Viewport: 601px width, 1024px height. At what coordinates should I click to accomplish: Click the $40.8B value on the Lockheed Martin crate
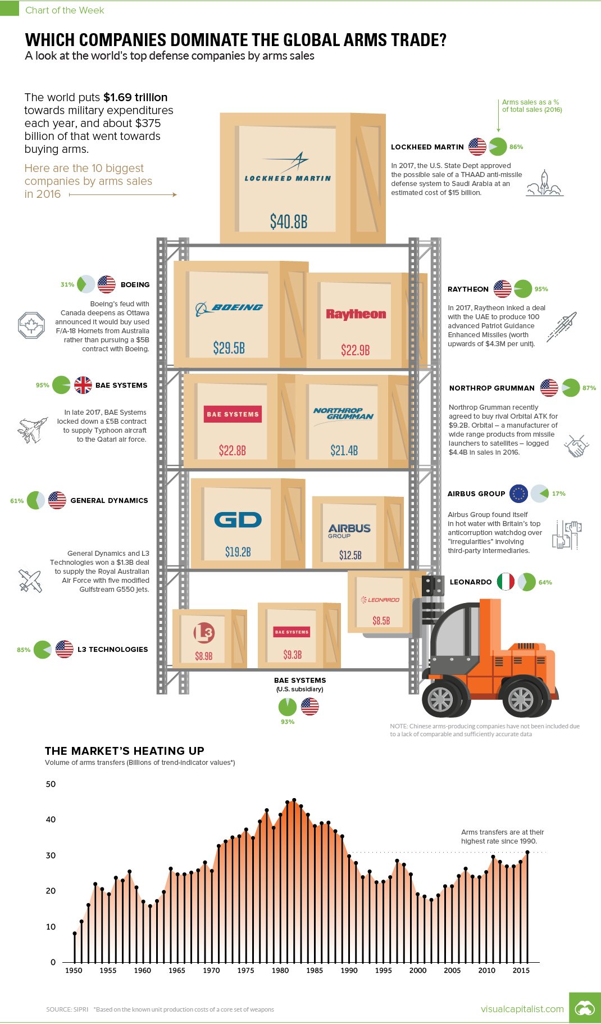(x=289, y=221)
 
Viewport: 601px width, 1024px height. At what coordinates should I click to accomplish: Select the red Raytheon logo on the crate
(x=356, y=314)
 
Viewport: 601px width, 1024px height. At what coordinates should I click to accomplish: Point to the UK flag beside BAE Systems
(x=83, y=385)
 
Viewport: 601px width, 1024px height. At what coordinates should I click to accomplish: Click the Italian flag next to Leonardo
(x=506, y=582)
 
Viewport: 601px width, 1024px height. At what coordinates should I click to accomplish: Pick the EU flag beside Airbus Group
(x=518, y=493)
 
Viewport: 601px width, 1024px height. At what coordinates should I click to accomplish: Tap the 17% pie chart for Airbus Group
(x=540, y=493)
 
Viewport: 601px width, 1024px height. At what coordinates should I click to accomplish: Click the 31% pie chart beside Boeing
(x=85, y=284)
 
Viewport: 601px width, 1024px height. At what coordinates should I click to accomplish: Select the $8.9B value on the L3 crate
(x=204, y=656)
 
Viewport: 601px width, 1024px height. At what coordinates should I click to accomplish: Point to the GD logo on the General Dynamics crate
(x=238, y=520)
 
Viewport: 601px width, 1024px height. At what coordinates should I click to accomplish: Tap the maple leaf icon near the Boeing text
(x=31, y=325)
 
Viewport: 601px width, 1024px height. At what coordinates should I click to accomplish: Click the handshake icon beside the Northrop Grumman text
(x=576, y=446)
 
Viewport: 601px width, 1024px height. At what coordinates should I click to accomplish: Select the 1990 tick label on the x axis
(x=349, y=970)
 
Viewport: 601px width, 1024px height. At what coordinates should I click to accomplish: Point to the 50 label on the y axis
(x=51, y=784)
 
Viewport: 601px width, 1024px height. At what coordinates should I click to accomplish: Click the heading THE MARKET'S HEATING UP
(x=125, y=751)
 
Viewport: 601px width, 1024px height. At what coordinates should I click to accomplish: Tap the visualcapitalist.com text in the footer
(x=522, y=1009)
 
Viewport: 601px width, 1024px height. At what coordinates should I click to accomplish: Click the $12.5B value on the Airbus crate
(x=350, y=555)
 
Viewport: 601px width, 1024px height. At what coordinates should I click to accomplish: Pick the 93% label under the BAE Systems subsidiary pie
(x=288, y=722)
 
